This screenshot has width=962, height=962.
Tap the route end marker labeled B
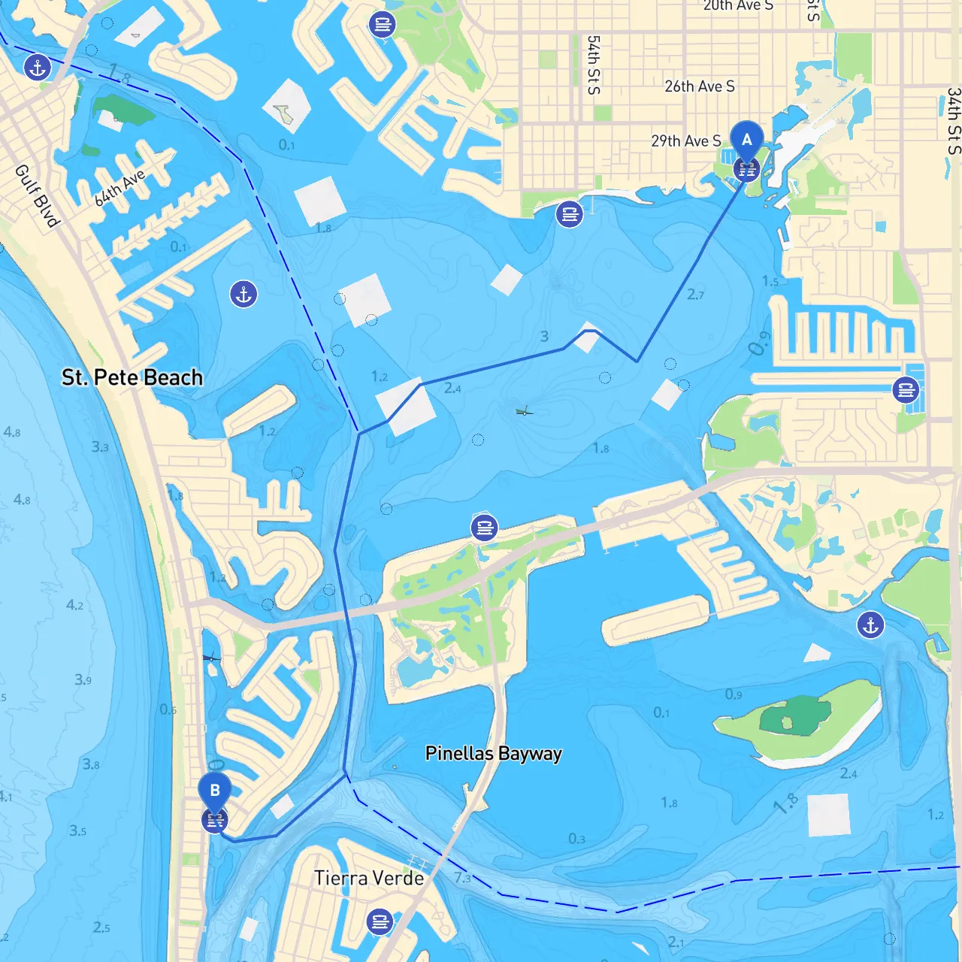(x=215, y=791)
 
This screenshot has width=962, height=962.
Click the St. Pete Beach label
(x=132, y=377)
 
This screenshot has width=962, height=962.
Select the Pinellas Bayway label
(x=493, y=754)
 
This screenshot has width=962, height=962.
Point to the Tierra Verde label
(x=369, y=878)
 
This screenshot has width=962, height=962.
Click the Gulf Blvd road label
(x=37, y=195)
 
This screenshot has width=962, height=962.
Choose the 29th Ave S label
(x=685, y=141)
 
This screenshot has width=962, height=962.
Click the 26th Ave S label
(x=699, y=86)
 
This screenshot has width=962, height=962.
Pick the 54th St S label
(x=594, y=65)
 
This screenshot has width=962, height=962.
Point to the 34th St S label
(x=954, y=120)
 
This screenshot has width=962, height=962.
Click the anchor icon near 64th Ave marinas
(x=244, y=294)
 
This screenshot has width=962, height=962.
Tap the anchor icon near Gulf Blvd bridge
(x=37, y=68)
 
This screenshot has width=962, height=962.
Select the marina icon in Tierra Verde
(x=380, y=921)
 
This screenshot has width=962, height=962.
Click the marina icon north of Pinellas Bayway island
(x=485, y=528)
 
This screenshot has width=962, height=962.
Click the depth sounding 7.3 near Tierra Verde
(x=463, y=878)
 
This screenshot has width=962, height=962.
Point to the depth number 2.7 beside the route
(x=695, y=295)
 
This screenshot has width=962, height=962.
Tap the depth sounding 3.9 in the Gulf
(x=83, y=680)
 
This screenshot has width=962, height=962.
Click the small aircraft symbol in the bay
(x=525, y=411)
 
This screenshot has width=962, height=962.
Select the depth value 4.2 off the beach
(x=74, y=605)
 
